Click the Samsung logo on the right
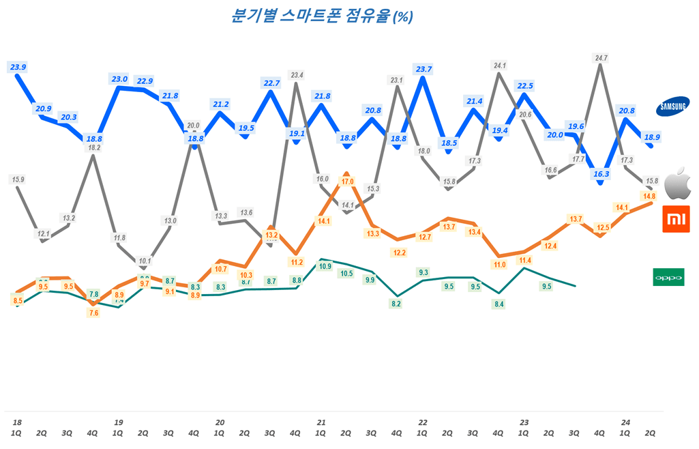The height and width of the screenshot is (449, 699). [673, 106]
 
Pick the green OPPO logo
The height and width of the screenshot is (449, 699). [668, 277]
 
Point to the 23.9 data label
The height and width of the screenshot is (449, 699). [18, 67]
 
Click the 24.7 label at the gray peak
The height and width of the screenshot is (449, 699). [601, 58]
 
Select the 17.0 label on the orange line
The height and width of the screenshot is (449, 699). [347, 182]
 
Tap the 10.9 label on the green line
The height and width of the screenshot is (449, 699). [325, 266]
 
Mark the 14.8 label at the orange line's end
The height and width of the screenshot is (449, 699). [649, 196]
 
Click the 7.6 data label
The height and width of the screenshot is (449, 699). [93, 313]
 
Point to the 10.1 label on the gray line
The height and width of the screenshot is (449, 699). [144, 261]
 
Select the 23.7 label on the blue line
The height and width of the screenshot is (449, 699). [423, 69]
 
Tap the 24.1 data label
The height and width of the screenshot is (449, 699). [500, 66]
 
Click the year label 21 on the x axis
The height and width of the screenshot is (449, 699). [321, 423]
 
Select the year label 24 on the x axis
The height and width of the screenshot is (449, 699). [625, 423]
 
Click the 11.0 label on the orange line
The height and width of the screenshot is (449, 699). [499, 265]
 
